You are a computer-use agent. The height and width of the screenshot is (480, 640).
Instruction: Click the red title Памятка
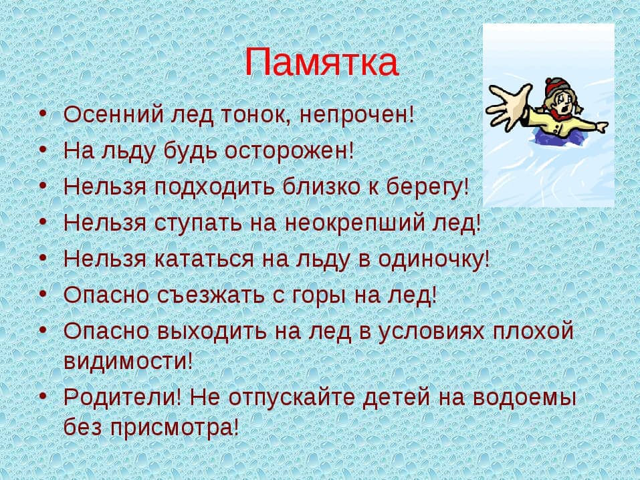pos(321,62)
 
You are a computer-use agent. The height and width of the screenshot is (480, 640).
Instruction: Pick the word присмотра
pos(171,428)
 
